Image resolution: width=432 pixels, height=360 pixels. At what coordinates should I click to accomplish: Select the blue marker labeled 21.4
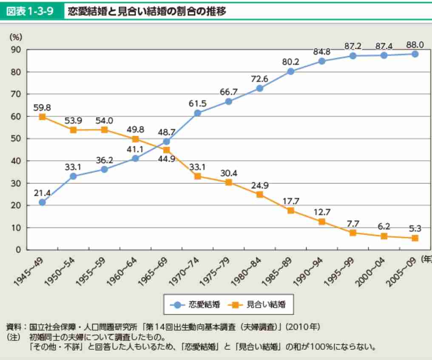pos(42,202)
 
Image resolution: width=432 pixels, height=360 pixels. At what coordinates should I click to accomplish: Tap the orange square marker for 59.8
pos(42,116)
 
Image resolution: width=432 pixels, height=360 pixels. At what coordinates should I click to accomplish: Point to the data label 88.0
pos(415,45)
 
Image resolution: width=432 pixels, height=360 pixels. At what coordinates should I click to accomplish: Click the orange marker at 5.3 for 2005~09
pos(415,238)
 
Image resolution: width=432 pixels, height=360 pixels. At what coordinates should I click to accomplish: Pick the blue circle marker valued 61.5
pos(197,113)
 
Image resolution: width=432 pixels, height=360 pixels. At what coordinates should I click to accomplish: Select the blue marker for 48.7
pos(166,142)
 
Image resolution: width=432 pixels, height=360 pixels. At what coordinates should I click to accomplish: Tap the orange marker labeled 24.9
pos(259,194)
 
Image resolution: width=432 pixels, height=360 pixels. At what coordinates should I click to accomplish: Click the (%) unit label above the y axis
pos(16,37)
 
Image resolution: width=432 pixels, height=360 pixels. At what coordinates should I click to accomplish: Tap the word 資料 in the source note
pos(13,328)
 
